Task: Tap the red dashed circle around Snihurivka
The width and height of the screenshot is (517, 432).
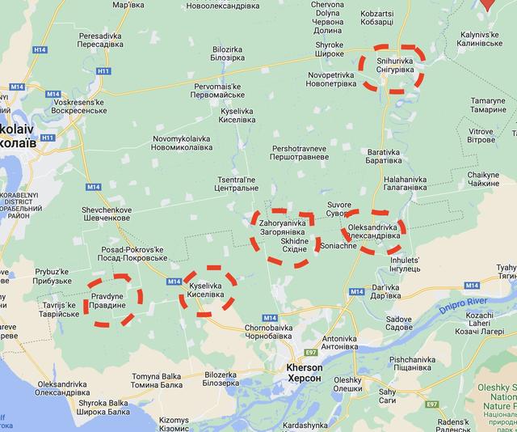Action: coord(392,69)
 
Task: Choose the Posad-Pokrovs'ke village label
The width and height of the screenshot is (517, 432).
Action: coord(133,254)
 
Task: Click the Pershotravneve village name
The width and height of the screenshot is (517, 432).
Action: coord(300,154)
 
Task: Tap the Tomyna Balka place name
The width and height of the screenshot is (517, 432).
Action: coord(157,380)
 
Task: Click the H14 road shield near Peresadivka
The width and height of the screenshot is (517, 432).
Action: coord(40,50)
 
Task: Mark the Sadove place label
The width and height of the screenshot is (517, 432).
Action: coord(399,324)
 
